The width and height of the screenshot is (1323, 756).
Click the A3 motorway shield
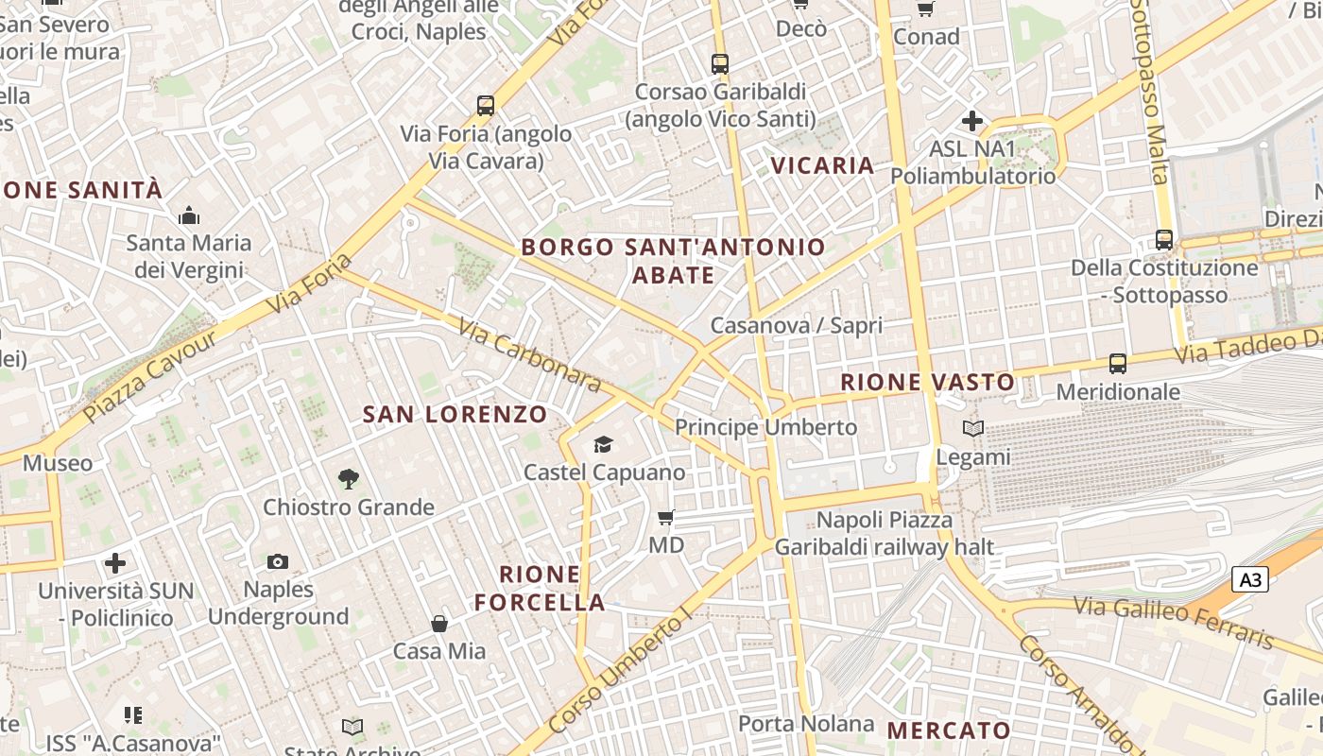coord(1249,579)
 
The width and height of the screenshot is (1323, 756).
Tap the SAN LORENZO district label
coord(455,414)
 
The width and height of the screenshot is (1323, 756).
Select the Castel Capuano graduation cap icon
coord(603,444)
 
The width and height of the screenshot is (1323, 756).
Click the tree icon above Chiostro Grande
coord(349,479)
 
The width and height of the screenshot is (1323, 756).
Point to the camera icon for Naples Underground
coord(277,561)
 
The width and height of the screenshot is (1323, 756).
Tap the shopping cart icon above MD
coord(665,517)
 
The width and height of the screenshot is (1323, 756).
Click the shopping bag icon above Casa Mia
coord(439,624)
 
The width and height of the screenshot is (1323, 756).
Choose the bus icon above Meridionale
coord(1118,363)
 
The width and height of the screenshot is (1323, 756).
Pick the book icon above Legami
coord(973,429)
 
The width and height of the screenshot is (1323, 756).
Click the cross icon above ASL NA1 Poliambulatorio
coord(971,121)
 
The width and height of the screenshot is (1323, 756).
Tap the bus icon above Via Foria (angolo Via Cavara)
coord(486,106)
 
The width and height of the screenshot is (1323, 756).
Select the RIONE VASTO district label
coord(927,383)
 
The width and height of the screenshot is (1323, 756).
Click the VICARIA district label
coord(822,165)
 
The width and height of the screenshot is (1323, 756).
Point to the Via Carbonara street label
coord(530,355)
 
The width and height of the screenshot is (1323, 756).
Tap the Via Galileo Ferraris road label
coord(1173,621)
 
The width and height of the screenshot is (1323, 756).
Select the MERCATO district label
coord(949,730)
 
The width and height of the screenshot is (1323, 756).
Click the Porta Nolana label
coord(805,724)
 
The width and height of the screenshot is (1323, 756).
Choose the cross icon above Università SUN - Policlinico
coord(115,563)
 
